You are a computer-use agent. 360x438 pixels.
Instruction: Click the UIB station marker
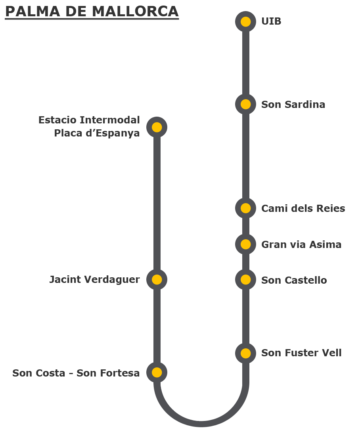[x=245, y=21]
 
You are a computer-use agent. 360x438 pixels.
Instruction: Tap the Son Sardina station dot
[x=245, y=104]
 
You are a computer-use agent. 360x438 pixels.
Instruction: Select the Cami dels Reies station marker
[x=245, y=208]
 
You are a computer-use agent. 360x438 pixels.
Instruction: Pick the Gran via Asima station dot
[x=245, y=244]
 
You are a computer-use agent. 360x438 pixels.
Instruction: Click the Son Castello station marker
[x=245, y=280]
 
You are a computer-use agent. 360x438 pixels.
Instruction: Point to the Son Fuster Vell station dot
[x=245, y=353]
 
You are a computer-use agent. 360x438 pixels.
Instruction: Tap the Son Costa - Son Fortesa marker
[x=157, y=373]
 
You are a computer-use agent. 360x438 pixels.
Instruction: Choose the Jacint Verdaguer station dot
[x=157, y=279]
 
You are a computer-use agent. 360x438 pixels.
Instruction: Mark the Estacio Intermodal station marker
[x=157, y=127]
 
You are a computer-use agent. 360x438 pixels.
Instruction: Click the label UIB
[x=271, y=21]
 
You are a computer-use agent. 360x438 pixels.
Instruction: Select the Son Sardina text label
[x=293, y=104]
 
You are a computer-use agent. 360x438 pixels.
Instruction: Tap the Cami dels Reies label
[x=303, y=208]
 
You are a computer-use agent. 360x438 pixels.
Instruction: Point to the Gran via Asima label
[x=301, y=244]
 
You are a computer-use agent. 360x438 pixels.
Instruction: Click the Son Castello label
[x=294, y=280]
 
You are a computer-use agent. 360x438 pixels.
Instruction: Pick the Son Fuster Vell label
[x=301, y=353]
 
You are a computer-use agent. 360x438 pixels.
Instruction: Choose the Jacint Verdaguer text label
[x=95, y=280]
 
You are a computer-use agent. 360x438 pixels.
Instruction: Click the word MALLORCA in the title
[x=135, y=12]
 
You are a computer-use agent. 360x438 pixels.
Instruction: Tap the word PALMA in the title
[x=33, y=12]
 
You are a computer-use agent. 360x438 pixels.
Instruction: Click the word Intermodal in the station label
[x=110, y=120]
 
